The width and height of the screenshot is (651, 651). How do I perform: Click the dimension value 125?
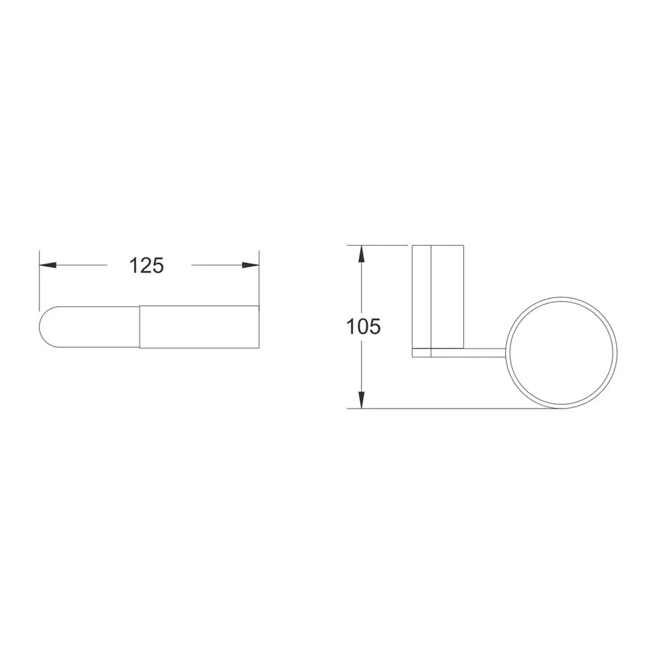click(x=146, y=266)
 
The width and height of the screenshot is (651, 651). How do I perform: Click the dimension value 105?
click(x=363, y=327)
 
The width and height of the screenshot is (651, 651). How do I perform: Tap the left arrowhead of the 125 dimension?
click(x=48, y=266)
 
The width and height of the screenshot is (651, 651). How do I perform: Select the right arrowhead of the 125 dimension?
click(x=251, y=266)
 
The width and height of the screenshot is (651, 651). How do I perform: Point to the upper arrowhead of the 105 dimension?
click(x=362, y=254)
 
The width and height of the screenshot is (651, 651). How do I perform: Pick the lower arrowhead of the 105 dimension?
click(x=362, y=400)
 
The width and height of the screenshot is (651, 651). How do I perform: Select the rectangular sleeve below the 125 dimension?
click(x=200, y=327)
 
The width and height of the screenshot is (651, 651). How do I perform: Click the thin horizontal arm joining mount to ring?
click(x=469, y=353)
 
